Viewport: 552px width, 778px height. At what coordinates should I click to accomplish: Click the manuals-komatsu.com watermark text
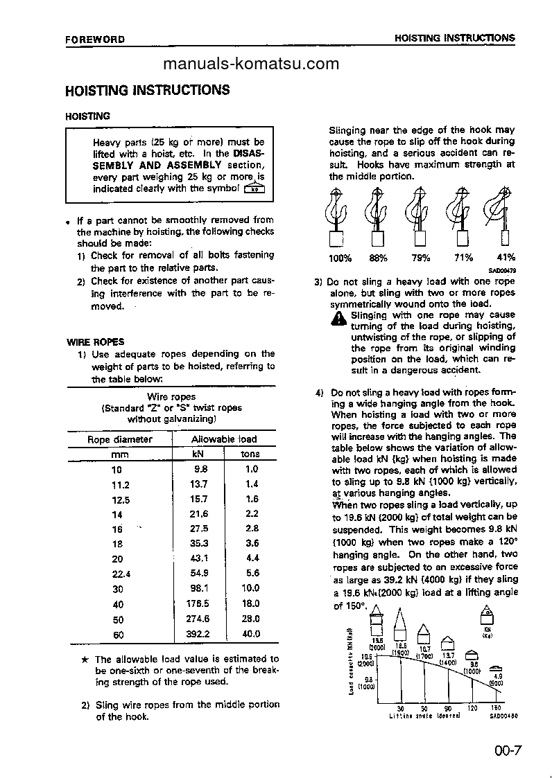click(x=251, y=64)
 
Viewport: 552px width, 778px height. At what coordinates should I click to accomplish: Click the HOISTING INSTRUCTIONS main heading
click(x=147, y=90)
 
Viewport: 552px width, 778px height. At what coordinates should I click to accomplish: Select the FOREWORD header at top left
click(x=95, y=39)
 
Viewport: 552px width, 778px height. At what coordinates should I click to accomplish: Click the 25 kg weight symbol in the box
click(x=254, y=188)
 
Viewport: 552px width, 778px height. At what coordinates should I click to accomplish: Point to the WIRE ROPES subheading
click(x=95, y=342)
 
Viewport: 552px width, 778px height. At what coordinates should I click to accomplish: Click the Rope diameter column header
click(x=119, y=439)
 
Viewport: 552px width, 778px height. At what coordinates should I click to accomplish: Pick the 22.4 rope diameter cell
click(x=121, y=574)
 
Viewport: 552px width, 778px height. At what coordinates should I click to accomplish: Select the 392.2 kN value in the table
click(x=197, y=634)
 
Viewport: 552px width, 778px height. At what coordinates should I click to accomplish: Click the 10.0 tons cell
click(x=250, y=588)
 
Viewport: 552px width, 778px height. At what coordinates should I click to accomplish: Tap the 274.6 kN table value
click(x=197, y=619)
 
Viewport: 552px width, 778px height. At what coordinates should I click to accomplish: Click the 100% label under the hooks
click(x=340, y=258)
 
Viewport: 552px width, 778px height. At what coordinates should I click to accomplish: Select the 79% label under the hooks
click(x=421, y=258)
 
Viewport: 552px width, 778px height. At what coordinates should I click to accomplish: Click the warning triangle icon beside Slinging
click(x=339, y=318)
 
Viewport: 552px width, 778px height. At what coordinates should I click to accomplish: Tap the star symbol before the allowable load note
click(x=85, y=660)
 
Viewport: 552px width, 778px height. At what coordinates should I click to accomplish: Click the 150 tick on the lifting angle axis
click(x=495, y=708)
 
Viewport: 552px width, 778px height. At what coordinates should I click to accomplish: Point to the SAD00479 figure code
click(x=502, y=271)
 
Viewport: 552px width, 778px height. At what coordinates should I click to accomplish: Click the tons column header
click(x=250, y=454)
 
